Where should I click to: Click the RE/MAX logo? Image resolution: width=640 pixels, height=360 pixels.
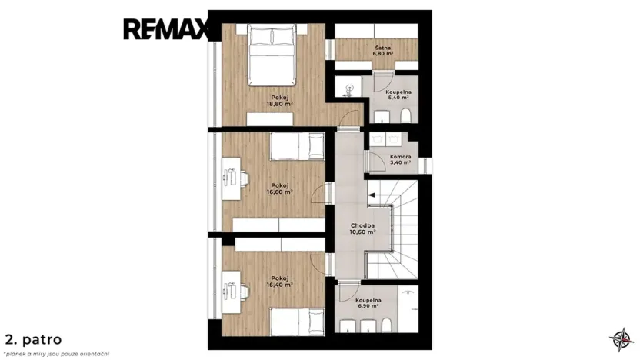coord(167,30)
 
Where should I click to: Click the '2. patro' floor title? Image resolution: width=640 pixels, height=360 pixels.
coord(33,338)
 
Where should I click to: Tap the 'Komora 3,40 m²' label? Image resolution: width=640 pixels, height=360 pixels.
coord(400,159)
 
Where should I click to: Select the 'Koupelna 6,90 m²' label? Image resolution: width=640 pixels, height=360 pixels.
coord(368,302)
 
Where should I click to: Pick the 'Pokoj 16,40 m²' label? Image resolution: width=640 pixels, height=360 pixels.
coord(281,281)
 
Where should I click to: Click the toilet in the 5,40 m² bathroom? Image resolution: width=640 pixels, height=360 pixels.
coord(405,116)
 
